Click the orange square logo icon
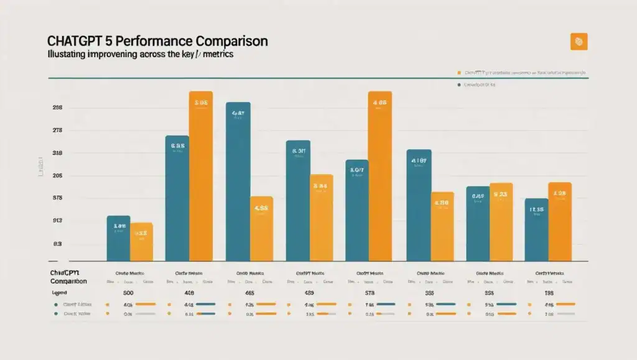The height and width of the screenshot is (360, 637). click(579, 42)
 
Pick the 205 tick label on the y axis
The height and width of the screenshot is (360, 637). click(57, 176)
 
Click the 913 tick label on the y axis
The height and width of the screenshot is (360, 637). click(57, 221)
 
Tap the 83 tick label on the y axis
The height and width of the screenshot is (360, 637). click(57, 244)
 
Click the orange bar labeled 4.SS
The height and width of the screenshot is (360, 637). click(261, 228)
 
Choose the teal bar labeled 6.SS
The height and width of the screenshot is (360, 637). click(177, 198)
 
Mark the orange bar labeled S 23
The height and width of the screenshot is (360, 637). click(501, 221)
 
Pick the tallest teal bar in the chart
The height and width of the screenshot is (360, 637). click(238, 181)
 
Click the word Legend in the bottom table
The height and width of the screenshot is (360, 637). click(60, 292)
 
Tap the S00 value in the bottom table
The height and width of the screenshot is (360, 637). click(129, 292)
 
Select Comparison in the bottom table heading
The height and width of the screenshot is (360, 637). click(68, 282)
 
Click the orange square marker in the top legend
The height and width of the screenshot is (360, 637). click(459, 73)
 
